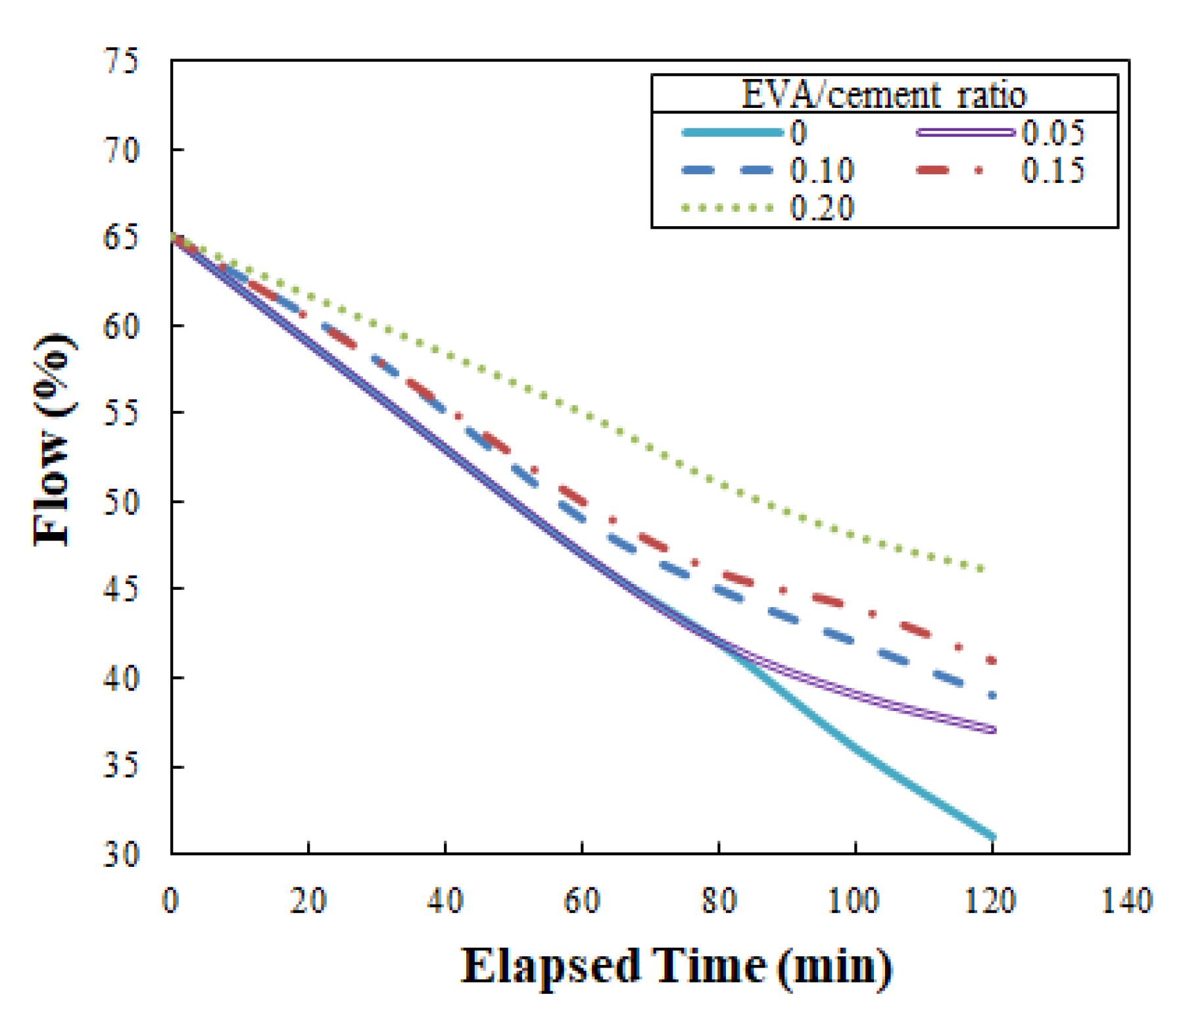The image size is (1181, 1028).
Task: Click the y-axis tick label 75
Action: [x=122, y=61]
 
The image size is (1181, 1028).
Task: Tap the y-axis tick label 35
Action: [x=122, y=766]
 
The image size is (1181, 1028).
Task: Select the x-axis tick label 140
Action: [x=1126, y=900]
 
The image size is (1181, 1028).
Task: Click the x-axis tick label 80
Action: [x=718, y=900]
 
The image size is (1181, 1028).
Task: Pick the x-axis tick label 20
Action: [x=308, y=900]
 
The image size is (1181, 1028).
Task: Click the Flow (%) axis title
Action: [x=53, y=439]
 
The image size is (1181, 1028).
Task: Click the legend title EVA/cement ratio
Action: [x=883, y=95]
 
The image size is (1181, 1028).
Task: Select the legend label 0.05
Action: [x=1052, y=133]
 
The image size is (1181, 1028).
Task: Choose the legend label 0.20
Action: [x=821, y=208]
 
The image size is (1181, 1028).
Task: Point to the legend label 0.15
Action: [x=1052, y=170]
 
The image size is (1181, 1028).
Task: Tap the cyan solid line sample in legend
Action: [x=732, y=133]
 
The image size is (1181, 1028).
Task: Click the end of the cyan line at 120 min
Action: [x=992, y=837]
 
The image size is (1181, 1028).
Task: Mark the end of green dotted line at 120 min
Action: [x=982, y=569]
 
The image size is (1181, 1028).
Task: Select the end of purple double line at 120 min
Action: [x=992, y=730]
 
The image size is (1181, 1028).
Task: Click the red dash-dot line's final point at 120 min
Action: [x=992, y=660]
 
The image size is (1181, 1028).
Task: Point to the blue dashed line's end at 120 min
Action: [x=992, y=695]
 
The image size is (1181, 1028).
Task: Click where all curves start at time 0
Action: [x=173, y=237]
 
